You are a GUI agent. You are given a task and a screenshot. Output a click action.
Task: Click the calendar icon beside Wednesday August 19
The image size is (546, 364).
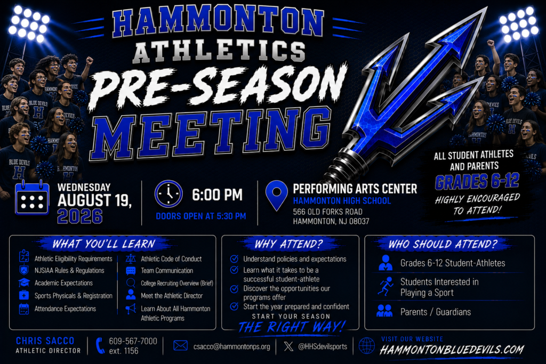click(x=31, y=197)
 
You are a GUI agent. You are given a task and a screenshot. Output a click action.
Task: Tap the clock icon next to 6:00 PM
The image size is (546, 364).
click(x=168, y=194)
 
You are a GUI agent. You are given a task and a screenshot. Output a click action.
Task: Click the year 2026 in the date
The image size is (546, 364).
click(x=80, y=216)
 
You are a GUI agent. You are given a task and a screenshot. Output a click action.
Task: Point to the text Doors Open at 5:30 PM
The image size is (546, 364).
click(x=201, y=216)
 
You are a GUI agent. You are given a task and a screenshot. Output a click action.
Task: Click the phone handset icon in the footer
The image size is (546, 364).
click(x=100, y=345)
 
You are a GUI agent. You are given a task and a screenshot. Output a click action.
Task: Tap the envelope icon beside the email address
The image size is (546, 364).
click(x=180, y=345)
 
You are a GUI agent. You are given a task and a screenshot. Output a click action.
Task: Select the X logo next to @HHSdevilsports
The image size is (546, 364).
click(x=288, y=346)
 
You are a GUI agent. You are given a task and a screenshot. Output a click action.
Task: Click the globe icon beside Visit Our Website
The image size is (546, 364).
click(x=367, y=346)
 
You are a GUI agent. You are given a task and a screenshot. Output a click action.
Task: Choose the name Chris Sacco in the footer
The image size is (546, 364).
click(x=45, y=341)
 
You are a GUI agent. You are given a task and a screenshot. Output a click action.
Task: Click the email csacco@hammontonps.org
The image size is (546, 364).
click(x=232, y=346)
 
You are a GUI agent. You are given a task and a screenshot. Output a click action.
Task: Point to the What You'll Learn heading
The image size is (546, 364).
click(x=104, y=244)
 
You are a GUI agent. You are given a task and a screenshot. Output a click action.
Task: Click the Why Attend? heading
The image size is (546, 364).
click(x=288, y=244)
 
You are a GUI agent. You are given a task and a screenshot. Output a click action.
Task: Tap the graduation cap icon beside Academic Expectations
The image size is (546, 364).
click(x=24, y=282)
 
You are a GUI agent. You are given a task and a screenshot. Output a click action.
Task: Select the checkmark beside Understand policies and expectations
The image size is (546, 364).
click(x=235, y=258)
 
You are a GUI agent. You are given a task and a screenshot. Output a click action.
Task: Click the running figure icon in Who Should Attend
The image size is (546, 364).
click(x=386, y=286)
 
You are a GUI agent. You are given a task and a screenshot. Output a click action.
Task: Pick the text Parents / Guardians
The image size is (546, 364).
click(x=436, y=312)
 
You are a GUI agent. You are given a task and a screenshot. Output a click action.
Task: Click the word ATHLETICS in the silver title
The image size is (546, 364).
click(x=219, y=51)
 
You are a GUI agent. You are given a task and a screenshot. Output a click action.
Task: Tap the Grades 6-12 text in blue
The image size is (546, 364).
click(x=477, y=181)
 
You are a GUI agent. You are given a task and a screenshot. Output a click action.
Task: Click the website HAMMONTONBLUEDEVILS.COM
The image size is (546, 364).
click(x=452, y=350)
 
